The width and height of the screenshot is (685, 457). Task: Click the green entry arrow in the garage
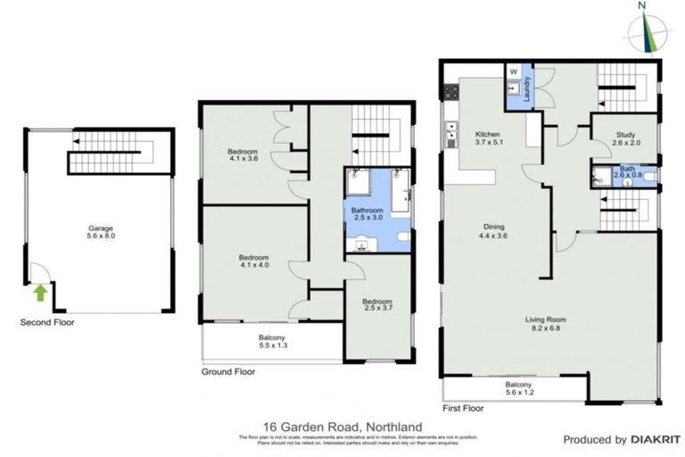38,291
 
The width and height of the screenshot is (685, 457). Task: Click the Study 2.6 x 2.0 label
623,139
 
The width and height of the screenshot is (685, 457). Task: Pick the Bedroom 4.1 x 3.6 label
243,154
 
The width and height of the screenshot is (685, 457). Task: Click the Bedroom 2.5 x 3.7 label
377,306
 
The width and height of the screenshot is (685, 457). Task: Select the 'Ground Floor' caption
229,371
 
